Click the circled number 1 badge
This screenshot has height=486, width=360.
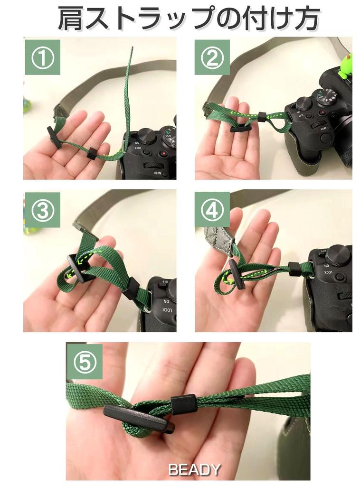click(42, 57)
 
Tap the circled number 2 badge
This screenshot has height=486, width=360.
click(212, 57)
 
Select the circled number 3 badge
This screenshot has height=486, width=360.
click(42, 210)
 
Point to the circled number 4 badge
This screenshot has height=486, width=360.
click(212, 210)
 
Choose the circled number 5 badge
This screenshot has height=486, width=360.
click(85, 362)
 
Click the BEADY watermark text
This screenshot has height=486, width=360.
click(194, 470)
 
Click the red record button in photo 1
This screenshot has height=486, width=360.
click(163, 153)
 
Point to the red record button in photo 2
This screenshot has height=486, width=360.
click(323, 112)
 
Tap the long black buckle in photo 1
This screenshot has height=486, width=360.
click(54, 137)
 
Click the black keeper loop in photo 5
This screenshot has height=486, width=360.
click(184, 404)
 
